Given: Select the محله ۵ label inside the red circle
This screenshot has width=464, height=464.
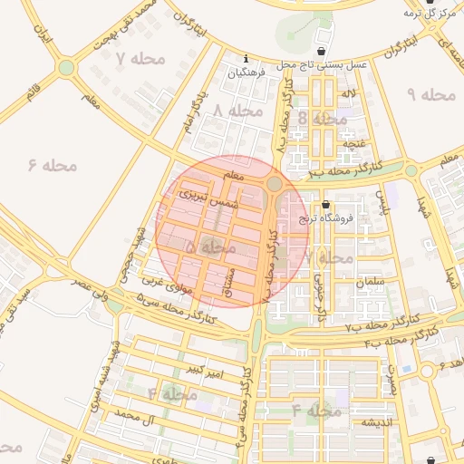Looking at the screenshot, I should coord(209,246).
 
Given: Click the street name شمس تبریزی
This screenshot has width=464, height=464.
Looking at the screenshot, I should coord(207,199).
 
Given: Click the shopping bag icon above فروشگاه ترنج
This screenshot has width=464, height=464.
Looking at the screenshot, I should coord(325,205).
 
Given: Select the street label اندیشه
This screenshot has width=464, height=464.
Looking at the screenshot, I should coord(375,423).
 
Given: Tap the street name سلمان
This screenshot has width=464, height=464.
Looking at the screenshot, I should coord(372,283).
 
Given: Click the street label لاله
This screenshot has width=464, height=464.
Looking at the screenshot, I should coord(348,93).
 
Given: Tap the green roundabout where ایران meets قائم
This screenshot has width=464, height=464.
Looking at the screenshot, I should coord(66,67).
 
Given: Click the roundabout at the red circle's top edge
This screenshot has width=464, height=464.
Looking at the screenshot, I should coord(274,184).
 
